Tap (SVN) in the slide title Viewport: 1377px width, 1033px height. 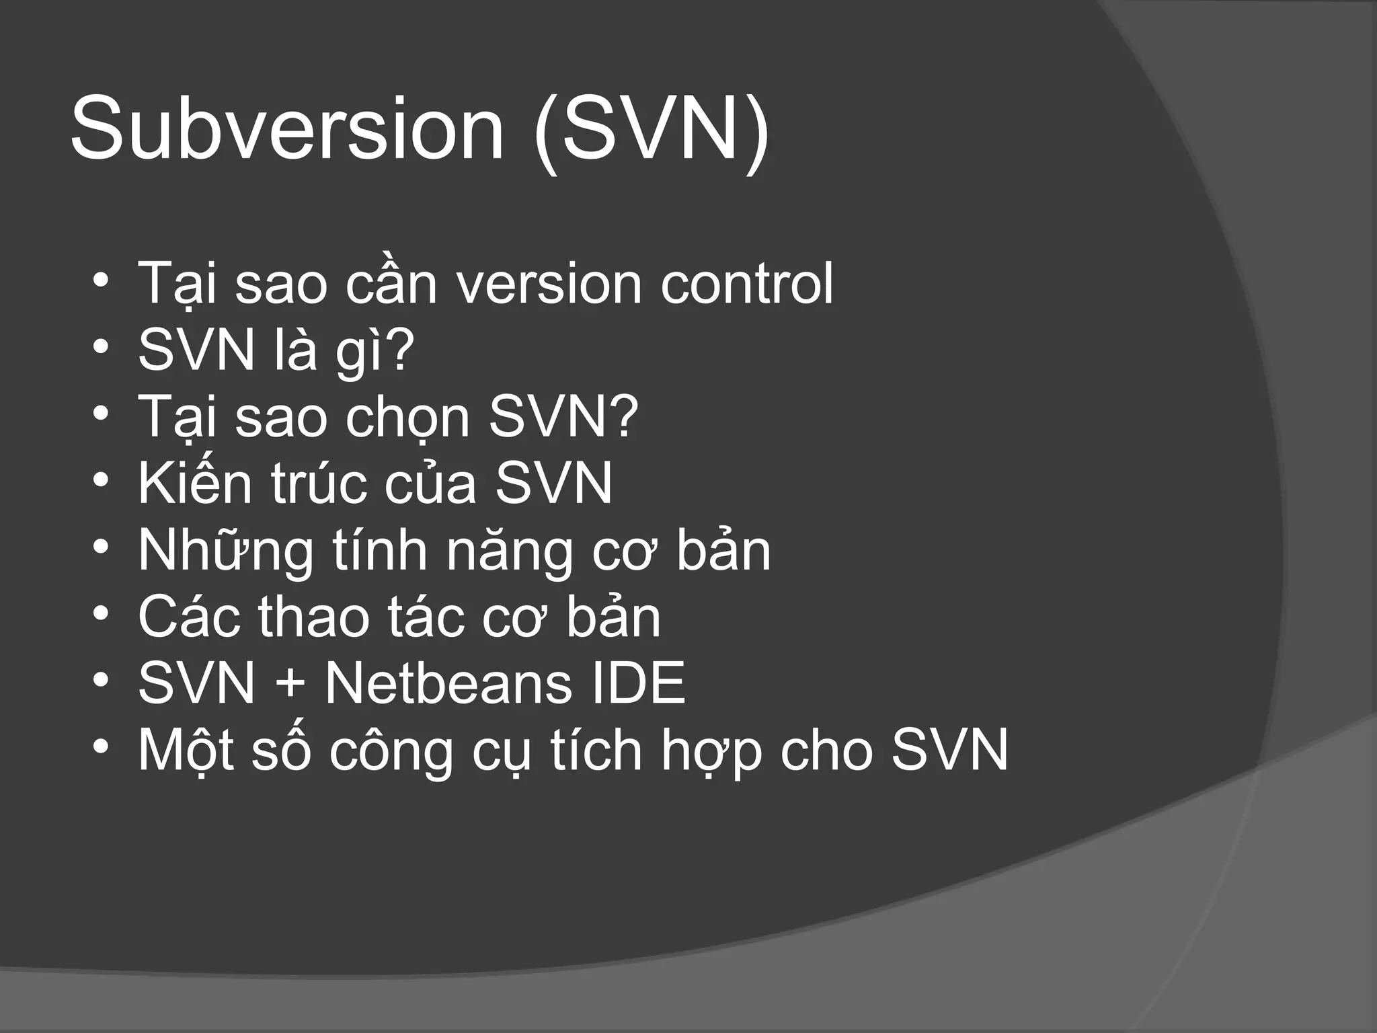(x=651, y=129)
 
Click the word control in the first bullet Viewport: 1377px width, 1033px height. (x=746, y=282)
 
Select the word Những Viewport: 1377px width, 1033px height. (x=226, y=551)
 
